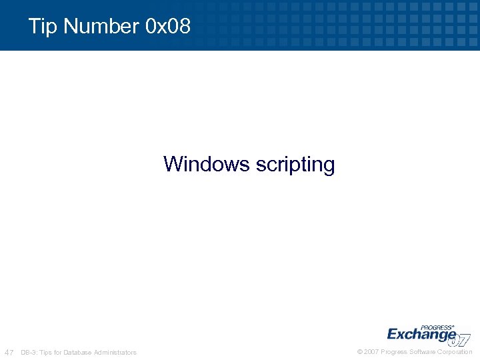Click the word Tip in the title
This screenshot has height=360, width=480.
[43, 27]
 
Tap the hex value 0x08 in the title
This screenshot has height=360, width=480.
[167, 27]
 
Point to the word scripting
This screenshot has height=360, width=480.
[295, 165]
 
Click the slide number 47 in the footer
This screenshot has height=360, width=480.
[9, 352]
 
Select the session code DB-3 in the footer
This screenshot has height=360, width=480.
[29, 352]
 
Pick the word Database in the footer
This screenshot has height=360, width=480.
[79, 352]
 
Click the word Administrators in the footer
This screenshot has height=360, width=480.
[115, 352]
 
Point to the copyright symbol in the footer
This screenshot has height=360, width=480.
[361, 352]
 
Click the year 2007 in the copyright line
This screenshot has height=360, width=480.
[372, 352]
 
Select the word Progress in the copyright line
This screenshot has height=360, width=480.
[394, 352]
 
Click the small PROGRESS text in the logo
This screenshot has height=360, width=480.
[437, 327]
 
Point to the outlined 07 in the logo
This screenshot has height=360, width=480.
[461, 339]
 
